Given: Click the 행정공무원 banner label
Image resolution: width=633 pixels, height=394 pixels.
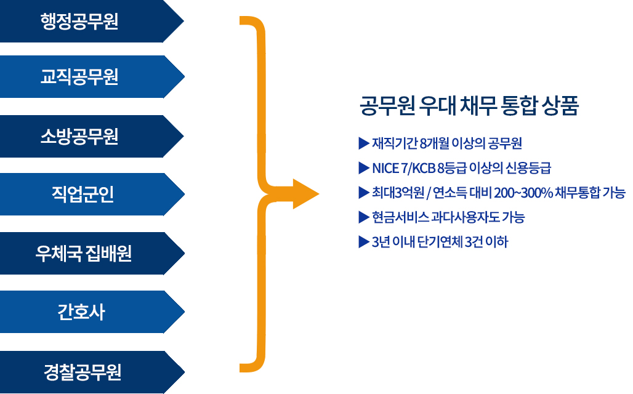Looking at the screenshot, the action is (x=79, y=22).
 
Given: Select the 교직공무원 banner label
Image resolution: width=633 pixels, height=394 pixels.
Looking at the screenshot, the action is (x=79, y=76).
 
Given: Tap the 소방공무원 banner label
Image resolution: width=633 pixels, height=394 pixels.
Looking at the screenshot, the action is (x=79, y=136).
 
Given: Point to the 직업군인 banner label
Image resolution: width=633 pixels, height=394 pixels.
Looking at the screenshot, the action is (x=83, y=194).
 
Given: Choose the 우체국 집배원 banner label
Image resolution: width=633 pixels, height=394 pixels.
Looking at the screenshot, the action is (x=83, y=254).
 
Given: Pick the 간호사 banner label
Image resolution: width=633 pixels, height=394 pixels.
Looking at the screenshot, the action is (x=81, y=312).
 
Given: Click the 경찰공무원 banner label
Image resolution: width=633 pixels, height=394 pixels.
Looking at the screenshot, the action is (x=83, y=372).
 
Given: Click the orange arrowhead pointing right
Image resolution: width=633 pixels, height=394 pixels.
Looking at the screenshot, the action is (x=305, y=194).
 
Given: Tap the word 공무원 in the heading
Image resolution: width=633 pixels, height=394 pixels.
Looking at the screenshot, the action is (x=387, y=106).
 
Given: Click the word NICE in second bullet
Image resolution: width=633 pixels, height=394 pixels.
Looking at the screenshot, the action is (x=385, y=168).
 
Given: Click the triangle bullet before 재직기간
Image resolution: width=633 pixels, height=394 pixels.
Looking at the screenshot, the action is (x=364, y=143).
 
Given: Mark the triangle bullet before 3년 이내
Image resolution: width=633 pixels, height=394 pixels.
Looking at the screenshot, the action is (x=364, y=242).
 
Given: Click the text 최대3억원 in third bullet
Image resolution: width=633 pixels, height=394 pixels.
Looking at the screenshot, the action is (x=398, y=193).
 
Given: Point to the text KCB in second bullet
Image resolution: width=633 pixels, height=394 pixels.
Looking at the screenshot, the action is (x=424, y=168).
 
